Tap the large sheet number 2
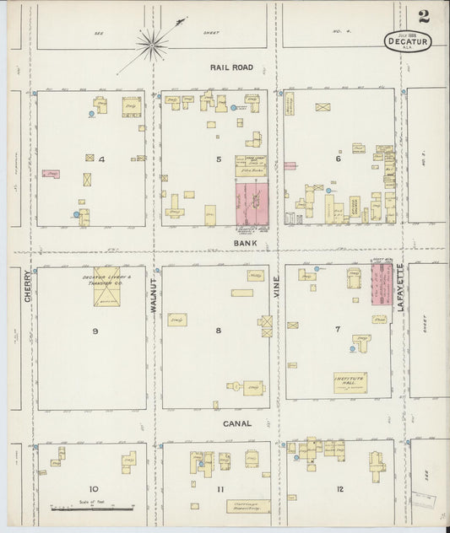[x=421, y=16]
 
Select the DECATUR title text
[x=407, y=40]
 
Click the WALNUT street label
[x=154, y=295]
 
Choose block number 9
[x=95, y=331]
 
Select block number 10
[x=94, y=488]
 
